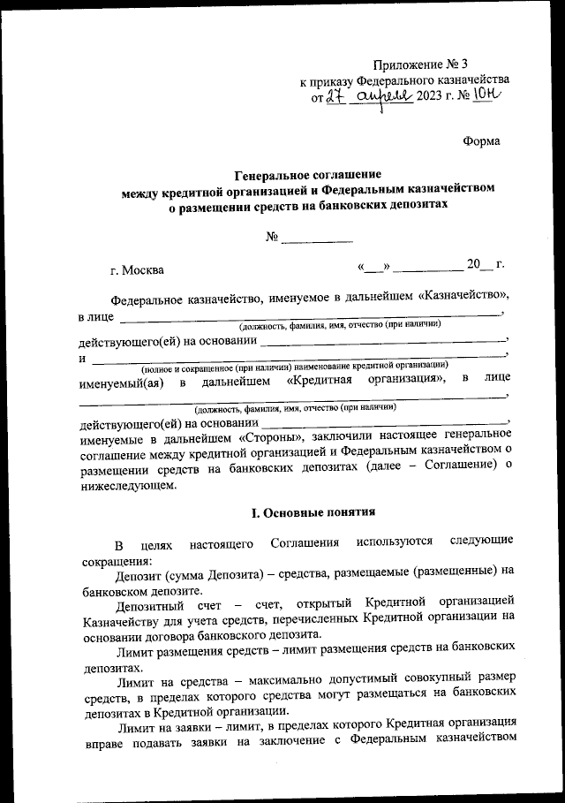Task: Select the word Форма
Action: pyautogui.click(x=481, y=141)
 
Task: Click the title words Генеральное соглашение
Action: pyautogui.click(x=308, y=175)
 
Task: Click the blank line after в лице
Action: pyautogui.click(x=309, y=315)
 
